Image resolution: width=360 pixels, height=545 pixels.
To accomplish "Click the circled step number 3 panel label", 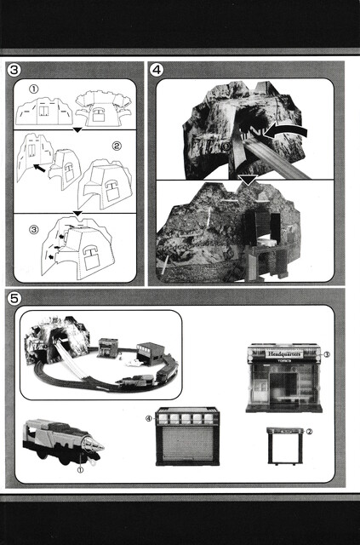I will point(14,70).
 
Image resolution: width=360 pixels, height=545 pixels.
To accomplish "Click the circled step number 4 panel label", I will point(157,70).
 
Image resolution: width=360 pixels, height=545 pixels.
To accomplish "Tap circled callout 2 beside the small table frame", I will point(308,431).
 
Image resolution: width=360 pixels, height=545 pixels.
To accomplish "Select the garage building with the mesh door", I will point(187,436).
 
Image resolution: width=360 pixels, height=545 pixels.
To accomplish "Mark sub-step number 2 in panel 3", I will point(117,146).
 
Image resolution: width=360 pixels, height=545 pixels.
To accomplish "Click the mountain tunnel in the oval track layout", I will point(55,340).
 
